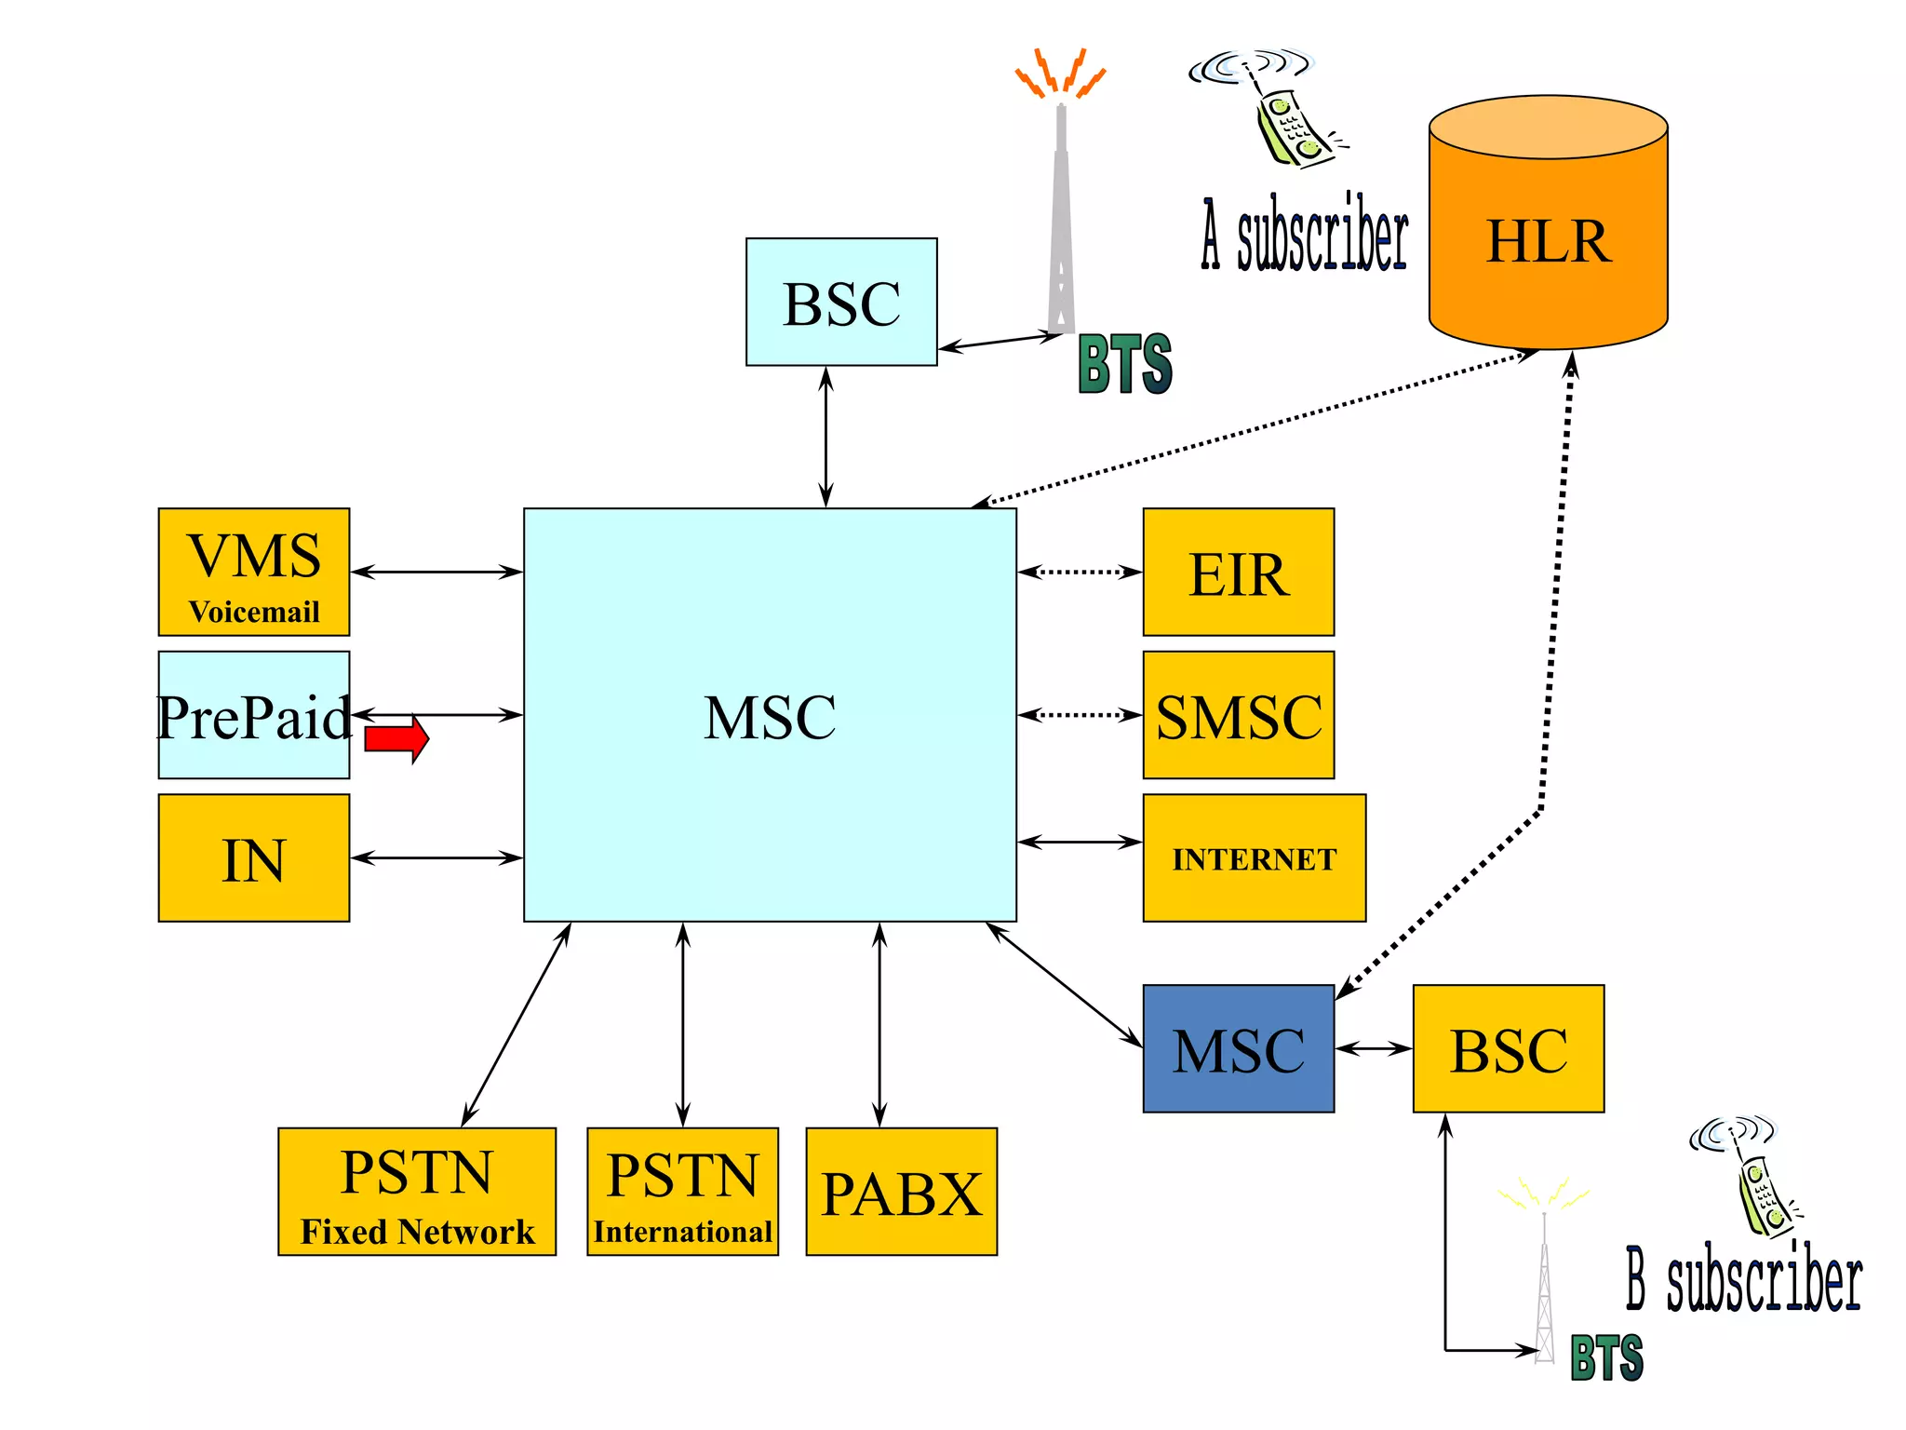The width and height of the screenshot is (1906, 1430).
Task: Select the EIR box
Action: (x=1238, y=572)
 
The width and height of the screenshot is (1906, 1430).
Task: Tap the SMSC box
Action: (x=1238, y=715)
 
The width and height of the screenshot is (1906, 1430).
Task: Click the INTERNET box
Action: (x=1254, y=857)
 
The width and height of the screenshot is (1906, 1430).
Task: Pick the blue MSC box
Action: (x=1238, y=1048)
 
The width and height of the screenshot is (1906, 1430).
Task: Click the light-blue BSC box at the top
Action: (x=841, y=302)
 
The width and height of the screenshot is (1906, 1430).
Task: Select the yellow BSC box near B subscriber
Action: (x=1508, y=1048)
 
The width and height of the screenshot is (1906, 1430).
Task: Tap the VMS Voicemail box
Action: (x=253, y=572)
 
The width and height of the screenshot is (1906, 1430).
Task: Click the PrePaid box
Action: (x=253, y=715)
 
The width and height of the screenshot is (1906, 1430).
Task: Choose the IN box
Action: (x=253, y=857)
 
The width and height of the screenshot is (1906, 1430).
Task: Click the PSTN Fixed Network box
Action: (x=416, y=1192)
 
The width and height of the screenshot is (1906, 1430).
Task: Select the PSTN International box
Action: (x=682, y=1192)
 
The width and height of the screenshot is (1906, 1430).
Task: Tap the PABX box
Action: (x=901, y=1192)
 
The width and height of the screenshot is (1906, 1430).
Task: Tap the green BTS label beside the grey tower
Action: (x=1124, y=364)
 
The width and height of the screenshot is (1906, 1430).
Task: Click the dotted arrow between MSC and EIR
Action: (x=1080, y=572)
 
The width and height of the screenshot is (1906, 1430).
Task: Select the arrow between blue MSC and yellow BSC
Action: (x=1374, y=1048)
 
